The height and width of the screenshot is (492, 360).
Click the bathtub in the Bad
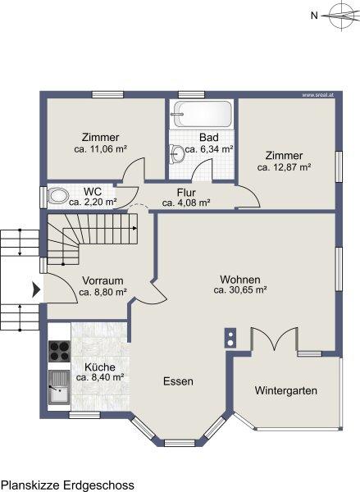click(202, 114)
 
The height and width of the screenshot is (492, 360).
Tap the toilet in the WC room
click(58, 197)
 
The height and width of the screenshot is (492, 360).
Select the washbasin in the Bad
click(177, 154)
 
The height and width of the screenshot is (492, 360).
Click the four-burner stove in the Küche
click(59, 351)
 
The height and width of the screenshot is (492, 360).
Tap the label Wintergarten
click(285, 390)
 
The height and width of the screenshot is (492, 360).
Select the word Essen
click(178, 381)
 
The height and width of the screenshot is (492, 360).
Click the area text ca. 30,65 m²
click(240, 290)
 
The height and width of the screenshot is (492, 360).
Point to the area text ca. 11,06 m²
click(100, 148)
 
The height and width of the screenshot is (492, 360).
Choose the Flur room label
click(186, 192)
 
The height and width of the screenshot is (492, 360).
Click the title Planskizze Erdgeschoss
click(67, 485)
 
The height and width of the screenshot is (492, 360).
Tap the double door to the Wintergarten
click(275, 338)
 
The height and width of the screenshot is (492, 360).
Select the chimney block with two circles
click(230, 338)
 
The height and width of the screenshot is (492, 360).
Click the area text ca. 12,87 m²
click(284, 167)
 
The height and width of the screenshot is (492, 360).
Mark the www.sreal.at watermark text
click(317, 95)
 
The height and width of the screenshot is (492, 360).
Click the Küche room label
click(100, 367)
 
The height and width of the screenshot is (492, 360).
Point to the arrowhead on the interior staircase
click(134, 228)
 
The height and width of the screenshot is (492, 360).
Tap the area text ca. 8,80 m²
click(103, 292)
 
